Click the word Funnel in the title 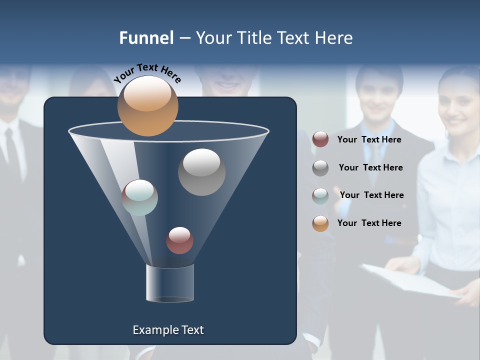point(146,38)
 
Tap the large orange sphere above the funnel point(147,106)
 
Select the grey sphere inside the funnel point(201,172)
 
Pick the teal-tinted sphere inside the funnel point(140,197)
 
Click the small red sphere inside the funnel point(179,240)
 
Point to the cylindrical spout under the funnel point(170,283)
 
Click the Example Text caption point(168,330)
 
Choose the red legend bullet point(320,139)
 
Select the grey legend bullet point(320,168)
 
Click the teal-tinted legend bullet point(320,195)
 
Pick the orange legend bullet point(320,223)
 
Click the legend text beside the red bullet point(369,139)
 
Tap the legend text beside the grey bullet point(370,167)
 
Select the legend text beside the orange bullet point(369,223)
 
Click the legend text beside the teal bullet point(371,195)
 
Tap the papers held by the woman point(410,283)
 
